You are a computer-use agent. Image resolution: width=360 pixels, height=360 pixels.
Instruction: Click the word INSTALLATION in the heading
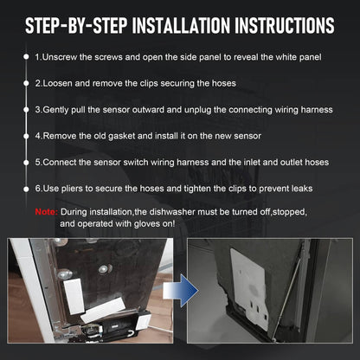[181, 25]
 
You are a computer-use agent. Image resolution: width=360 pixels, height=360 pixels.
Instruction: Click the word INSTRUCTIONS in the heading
[285, 25]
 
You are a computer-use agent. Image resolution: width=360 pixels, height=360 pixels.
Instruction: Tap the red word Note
[46, 212]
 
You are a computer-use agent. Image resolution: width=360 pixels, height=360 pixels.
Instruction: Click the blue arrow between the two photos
[181, 290]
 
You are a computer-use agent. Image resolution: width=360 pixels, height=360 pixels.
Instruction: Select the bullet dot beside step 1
[26, 56]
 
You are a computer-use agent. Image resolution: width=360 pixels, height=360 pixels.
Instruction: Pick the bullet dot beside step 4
[26, 136]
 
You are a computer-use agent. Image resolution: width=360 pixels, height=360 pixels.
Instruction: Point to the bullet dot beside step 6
[26, 190]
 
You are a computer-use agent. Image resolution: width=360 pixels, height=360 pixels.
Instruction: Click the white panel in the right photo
[248, 287]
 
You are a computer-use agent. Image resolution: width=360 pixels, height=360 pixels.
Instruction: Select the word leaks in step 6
[302, 189]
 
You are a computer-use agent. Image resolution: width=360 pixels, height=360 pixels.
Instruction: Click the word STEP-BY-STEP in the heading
[76, 25]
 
